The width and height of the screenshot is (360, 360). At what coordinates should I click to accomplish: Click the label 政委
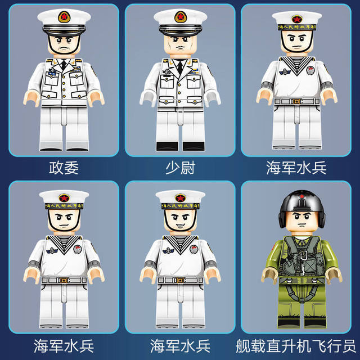[64, 168]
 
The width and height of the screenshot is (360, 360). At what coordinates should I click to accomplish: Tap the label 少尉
[179, 168]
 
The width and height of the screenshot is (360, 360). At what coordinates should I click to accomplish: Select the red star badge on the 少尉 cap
[180, 17]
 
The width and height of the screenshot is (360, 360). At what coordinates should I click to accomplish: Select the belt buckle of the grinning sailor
[180, 279]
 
